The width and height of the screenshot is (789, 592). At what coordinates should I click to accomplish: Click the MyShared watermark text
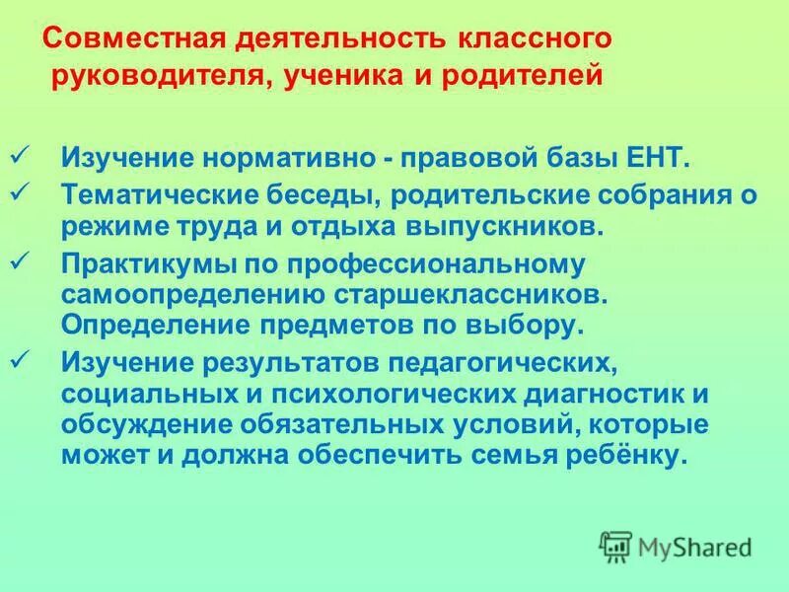click(695, 546)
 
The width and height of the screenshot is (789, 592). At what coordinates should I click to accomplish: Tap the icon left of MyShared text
click(615, 546)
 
